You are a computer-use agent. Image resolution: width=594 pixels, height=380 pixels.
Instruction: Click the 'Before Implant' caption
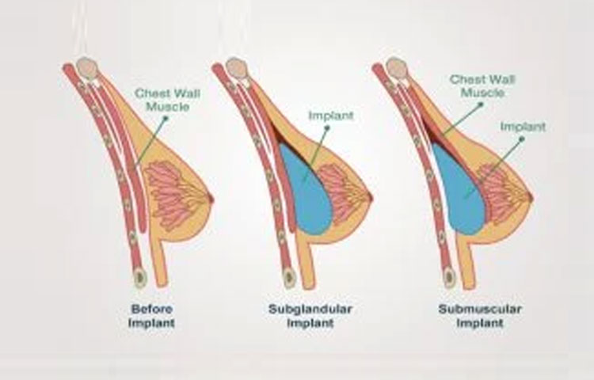152,316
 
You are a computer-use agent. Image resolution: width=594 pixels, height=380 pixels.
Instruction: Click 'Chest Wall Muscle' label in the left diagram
167,100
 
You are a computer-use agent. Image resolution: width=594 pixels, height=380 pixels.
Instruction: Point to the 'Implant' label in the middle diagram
330,116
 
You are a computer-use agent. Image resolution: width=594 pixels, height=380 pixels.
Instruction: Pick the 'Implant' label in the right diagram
524,126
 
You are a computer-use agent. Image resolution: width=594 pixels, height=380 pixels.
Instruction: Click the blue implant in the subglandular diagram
310,194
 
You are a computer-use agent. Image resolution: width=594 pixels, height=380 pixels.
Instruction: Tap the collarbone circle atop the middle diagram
235,68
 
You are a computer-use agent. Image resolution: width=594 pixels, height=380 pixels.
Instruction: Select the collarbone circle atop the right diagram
396,68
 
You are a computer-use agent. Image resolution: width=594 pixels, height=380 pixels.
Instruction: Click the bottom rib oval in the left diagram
139,276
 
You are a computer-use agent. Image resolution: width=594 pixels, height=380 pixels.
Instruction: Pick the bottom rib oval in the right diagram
449,275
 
